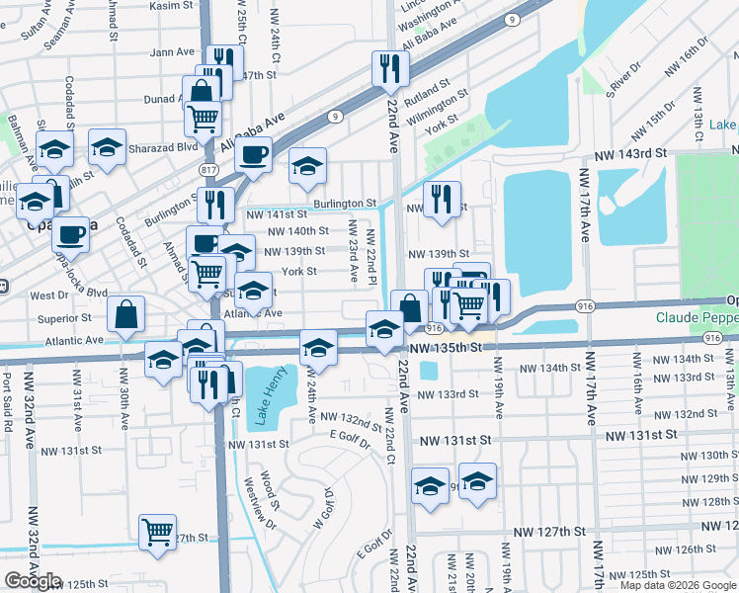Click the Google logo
coord(32,580)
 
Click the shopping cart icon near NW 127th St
coord(157,532)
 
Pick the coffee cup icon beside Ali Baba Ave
coord(254,154)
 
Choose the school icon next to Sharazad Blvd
coord(107,147)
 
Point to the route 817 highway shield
coord(208,170)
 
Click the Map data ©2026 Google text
coord(677,585)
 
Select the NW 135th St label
coord(448,348)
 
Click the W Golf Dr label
coord(322,516)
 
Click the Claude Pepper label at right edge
coord(697,318)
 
